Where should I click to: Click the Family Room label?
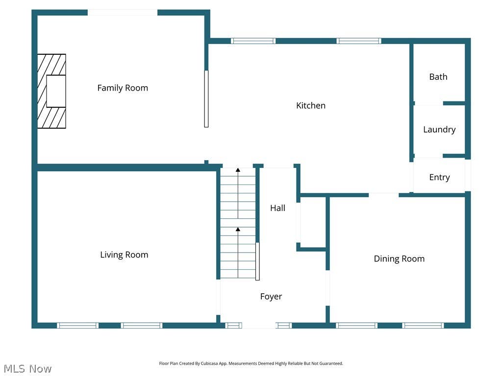click(123, 88)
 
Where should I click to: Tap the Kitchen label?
click(310, 106)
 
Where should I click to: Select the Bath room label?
click(438, 77)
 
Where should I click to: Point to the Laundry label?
click(439, 129)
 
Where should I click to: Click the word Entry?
click(439, 177)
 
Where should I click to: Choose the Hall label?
click(277, 208)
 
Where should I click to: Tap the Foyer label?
click(271, 296)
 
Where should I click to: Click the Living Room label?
click(124, 255)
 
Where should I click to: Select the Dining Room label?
click(399, 258)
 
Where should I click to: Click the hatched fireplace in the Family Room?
click(51, 91)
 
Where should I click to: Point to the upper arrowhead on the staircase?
click(238, 170)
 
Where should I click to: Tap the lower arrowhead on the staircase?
click(238, 229)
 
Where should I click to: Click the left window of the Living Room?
click(78, 326)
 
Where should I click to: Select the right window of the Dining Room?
click(423, 326)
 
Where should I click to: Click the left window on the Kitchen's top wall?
click(253, 41)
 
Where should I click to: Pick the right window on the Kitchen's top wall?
click(359, 41)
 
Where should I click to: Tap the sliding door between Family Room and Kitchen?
click(206, 99)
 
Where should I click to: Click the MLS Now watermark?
click(27, 369)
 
